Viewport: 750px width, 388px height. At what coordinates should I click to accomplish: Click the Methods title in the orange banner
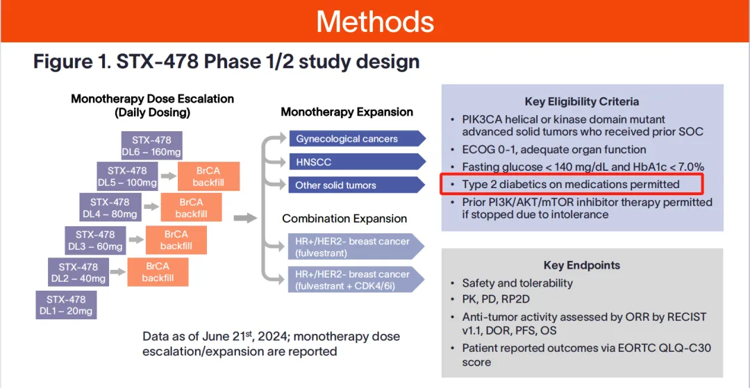click(375, 21)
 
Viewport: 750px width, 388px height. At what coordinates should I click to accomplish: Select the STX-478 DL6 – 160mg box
click(147, 146)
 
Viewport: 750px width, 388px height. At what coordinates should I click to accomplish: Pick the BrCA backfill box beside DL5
click(209, 176)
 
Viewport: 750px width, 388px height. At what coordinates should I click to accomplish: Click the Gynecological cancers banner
click(356, 138)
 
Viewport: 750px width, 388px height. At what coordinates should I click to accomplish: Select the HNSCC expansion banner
click(356, 162)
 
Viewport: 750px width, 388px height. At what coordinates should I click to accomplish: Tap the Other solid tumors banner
click(356, 185)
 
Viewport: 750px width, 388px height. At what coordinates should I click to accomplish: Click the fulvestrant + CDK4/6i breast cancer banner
click(356, 280)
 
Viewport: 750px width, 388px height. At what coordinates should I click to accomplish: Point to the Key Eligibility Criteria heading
click(582, 101)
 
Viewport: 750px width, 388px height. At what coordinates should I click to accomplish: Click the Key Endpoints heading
click(582, 265)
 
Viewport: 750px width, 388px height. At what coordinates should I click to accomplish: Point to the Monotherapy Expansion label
click(347, 112)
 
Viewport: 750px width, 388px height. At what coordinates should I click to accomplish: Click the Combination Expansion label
click(344, 219)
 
